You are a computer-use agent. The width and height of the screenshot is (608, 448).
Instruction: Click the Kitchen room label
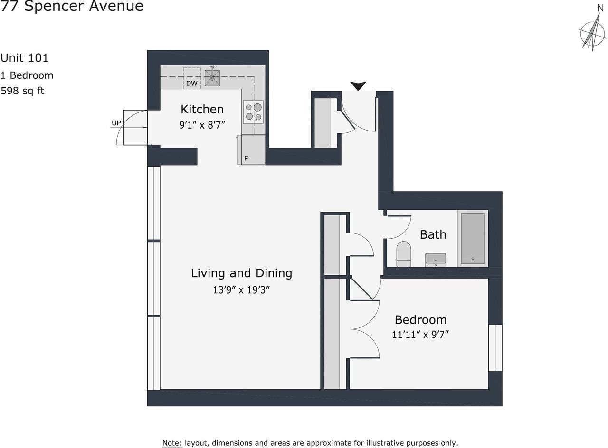(202, 109)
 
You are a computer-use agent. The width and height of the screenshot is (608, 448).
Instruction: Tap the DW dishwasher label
(191, 84)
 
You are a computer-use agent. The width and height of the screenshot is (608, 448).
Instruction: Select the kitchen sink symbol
(212, 78)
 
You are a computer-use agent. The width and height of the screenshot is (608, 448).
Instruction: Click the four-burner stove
(253, 112)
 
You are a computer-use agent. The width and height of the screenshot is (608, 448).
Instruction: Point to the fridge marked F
(253, 150)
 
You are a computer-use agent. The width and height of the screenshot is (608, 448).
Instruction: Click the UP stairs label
(116, 123)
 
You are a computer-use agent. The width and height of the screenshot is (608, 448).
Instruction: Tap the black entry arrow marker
(358, 86)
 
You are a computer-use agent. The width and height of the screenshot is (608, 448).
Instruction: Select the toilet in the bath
(403, 254)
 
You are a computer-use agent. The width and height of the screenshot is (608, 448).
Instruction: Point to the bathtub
(473, 238)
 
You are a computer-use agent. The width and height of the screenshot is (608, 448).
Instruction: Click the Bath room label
(433, 234)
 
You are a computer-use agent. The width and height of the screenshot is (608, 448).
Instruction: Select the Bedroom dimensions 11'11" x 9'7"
(420, 335)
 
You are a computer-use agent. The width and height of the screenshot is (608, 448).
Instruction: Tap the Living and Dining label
(241, 273)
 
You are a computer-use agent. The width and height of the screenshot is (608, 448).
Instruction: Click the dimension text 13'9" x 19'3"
(241, 289)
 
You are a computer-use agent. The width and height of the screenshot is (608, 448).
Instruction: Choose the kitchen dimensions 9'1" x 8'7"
(202, 125)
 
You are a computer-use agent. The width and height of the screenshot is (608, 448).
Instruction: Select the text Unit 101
(24, 58)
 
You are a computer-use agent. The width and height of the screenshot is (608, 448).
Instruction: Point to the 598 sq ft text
(22, 91)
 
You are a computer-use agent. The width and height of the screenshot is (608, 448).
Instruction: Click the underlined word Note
(172, 443)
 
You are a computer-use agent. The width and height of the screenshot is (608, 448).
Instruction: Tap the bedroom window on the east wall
(495, 347)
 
